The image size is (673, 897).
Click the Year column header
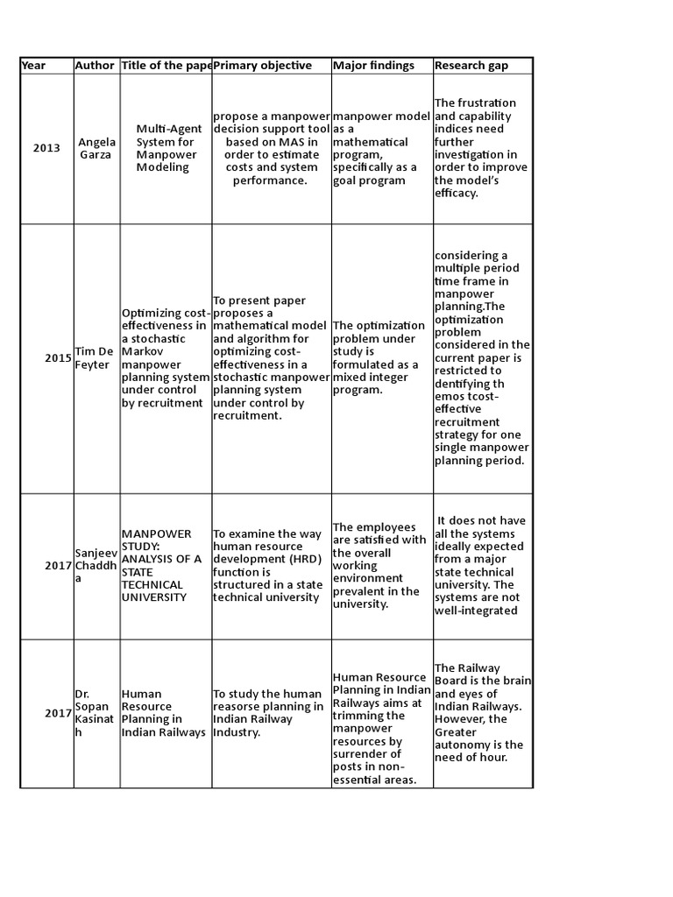tap(34, 66)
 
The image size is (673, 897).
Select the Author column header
tap(95, 66)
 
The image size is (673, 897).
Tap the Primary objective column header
tap(262, 66)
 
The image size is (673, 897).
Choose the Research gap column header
tap(471, 66)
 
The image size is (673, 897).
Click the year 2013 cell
tap(47, 148)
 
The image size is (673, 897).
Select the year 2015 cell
tap(58, 358)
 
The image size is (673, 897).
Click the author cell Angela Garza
tap(96, 148)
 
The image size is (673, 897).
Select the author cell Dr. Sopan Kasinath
tap(93, 713)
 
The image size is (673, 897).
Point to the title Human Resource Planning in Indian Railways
tap(163, 713)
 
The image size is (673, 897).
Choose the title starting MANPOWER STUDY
tap(164, 566)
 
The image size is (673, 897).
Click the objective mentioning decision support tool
tap(271, 148)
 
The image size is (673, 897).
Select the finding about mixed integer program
tap(378, 358)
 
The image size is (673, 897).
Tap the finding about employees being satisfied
tap(378, 566)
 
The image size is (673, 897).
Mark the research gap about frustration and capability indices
tap(480, 148)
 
